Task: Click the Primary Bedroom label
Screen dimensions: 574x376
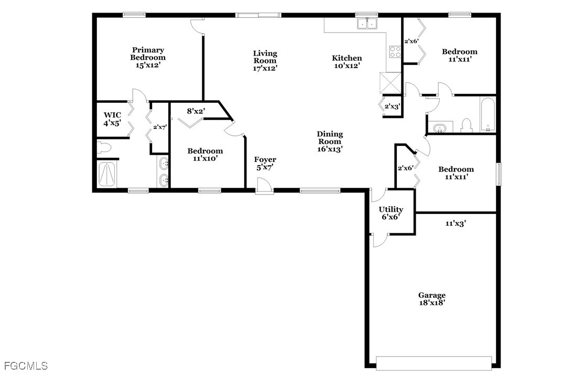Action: [x=148, y=58]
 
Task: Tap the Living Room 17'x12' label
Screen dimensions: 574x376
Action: [x=265, y=61]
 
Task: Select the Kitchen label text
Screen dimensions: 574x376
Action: [x=346, y=58]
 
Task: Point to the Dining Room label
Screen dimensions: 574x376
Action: [x=330, y=138]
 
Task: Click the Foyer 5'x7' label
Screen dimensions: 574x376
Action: [x=265, y=163]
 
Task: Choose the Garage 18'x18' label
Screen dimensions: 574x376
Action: [x=432, y=299]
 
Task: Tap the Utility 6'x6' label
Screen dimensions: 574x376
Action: [x=391, y=213]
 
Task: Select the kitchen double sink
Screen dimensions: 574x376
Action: [x=367, y=23]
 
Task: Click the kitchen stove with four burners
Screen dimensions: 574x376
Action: [x=395, y=51]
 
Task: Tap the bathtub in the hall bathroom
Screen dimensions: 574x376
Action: [x=488, y=114]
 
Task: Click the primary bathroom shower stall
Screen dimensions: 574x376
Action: [x=107, y=174]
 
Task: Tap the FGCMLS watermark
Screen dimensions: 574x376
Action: [x=26, y=366]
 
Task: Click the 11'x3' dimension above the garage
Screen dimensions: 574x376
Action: [x=456, y=223]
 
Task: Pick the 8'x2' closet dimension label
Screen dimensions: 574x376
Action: [x=196, y=111]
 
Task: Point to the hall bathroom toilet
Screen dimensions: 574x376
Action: [x=467, y=125]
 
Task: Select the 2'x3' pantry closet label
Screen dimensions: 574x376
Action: [x=392, y=106]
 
